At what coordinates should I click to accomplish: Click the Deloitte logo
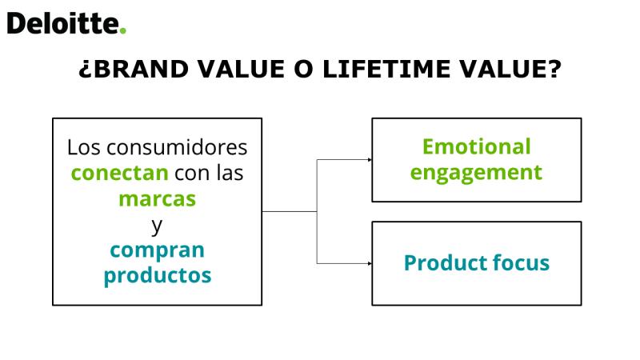66,23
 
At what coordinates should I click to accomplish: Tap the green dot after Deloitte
123,30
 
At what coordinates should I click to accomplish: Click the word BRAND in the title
141,69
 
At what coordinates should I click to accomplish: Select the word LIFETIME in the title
386,69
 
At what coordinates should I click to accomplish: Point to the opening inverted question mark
85,70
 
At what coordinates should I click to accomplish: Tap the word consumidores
177,147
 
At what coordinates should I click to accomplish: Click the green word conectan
119,173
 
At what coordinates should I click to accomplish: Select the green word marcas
157,199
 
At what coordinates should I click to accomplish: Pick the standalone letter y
157,226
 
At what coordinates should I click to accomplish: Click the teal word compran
157,250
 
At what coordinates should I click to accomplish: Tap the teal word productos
158,275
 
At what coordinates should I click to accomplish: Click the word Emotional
476,146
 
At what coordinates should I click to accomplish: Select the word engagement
476,173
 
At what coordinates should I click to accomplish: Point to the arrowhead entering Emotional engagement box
370,159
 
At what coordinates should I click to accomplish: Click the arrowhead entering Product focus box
370,263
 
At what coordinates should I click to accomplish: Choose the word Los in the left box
84,147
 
